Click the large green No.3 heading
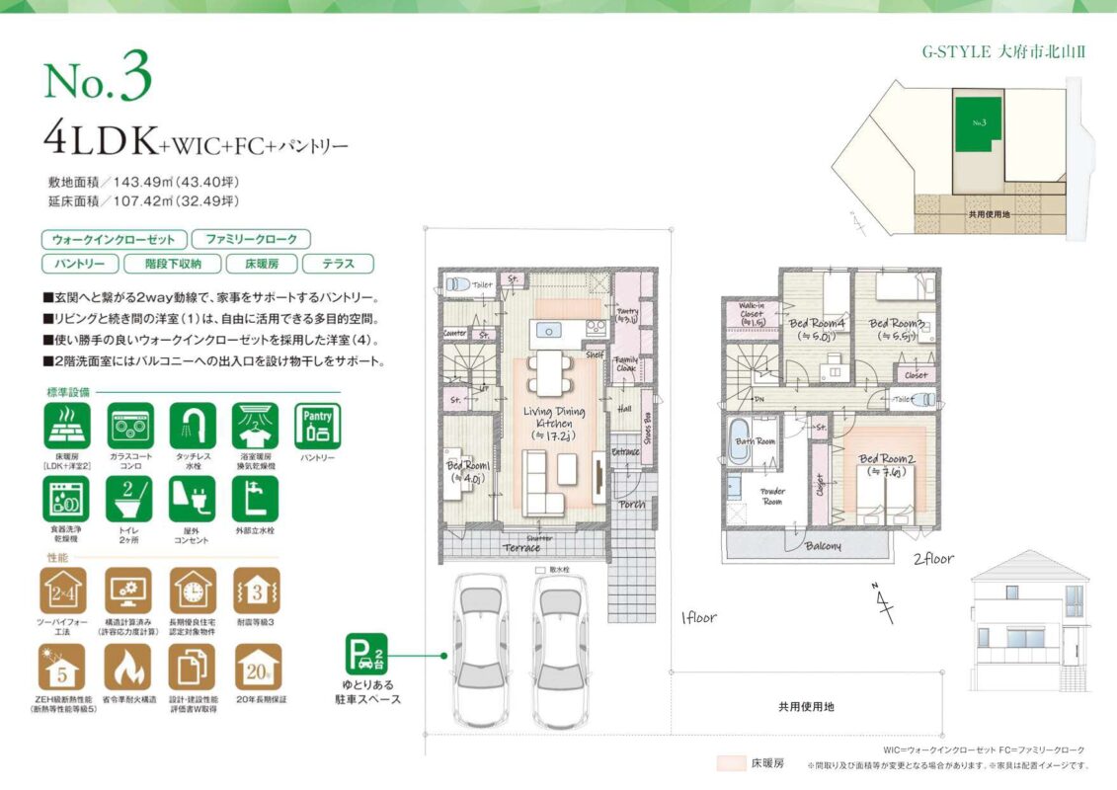[x=98, y=84]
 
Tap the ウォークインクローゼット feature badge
[x=114, y=240]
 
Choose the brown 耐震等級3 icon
[x=257, y=592]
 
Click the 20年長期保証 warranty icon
[x=257, y=668]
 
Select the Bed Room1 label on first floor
[x=466, y=471]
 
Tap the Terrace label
[x=520, y=548]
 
